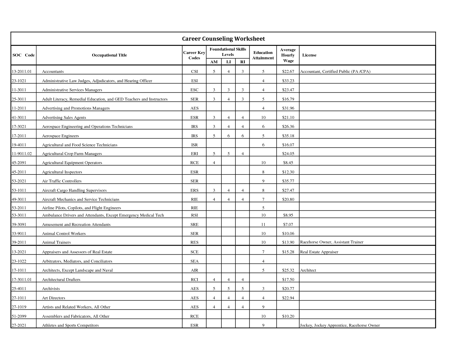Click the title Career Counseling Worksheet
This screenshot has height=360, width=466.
pos(223,39)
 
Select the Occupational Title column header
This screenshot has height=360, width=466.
pos(109,55)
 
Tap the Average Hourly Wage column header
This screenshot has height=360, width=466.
pos(288,55)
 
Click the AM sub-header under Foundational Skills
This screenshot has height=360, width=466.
pos(214,62)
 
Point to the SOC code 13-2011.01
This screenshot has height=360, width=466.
pos(21,71)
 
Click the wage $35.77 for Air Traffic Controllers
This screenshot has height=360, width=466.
pos(288,181)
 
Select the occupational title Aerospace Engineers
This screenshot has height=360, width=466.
pos(60,136)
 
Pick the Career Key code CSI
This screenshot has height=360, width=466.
pos(194,71)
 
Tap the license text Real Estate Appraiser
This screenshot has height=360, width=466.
pos(319,252)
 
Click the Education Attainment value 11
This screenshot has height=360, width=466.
pos(263,224)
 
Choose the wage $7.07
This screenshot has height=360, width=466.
pos(288,224)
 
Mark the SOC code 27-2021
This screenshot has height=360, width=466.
pos(19,325)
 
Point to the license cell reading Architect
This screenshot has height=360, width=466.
pos(308,270)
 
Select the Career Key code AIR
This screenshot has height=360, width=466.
pos(194,270)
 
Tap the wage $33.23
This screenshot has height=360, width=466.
pos(288,81)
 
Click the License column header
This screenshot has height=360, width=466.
pos(309,55)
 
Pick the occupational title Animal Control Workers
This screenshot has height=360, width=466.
pos(64,234)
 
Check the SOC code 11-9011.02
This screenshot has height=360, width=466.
pos(21,154)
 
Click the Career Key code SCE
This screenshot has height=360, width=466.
pos(194,252)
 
